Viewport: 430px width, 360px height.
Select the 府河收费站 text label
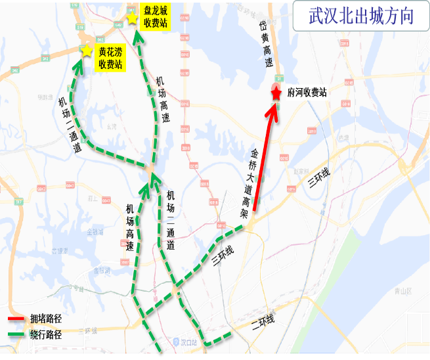click(307, 93)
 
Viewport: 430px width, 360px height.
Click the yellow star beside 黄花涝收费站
click(85, 51)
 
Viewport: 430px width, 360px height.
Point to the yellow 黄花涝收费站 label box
click(110, 58)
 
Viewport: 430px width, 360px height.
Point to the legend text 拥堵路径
click(45, 319)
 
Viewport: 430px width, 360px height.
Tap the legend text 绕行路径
click(45, 334)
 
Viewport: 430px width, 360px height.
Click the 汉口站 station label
click(190, 342)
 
